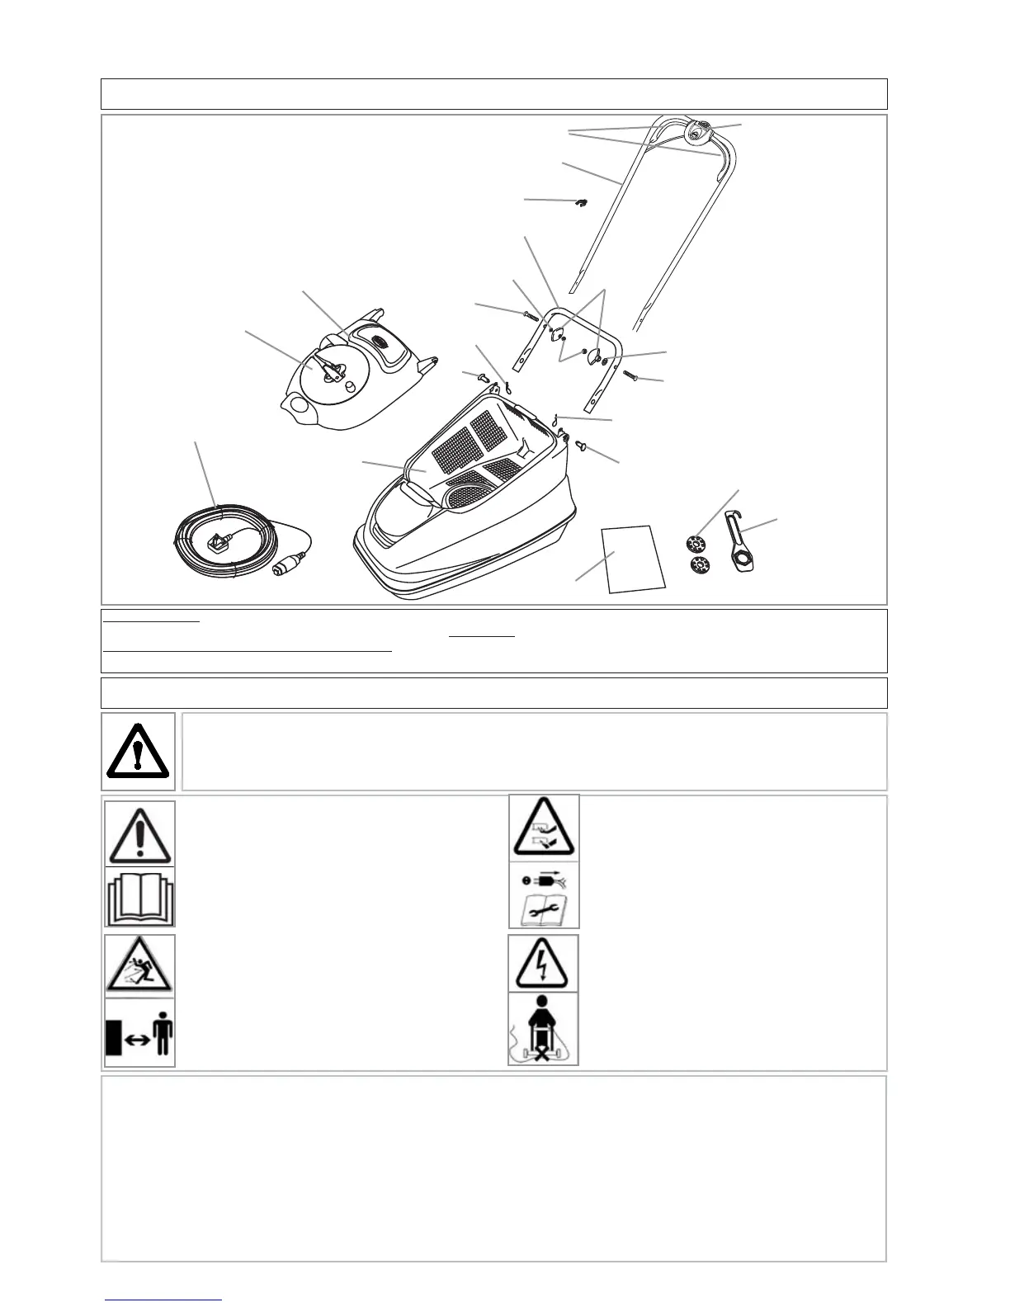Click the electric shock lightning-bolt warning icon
[x=543, y=963]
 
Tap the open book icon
[x=139, y=898]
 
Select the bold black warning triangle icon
[x=138, y=751]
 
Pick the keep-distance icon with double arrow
[x=139, y=1033]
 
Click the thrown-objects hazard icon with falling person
[x=139, y=966]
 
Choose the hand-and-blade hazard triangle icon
[x=543, y=828]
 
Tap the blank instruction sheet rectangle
[x=634, y=559]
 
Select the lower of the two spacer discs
[x=699, y=565]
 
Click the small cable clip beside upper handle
[x=581, y=201]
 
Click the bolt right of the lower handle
[x=632, y=376]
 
